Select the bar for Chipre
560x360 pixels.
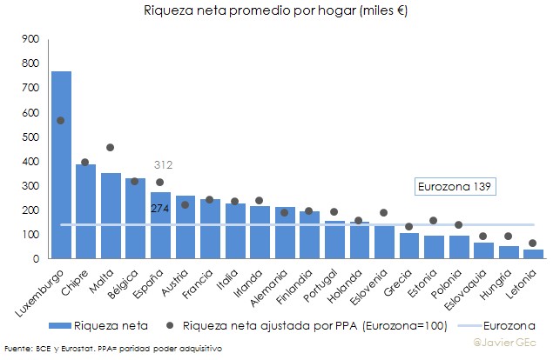coord(85,213)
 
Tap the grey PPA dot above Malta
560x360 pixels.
coord(110,148)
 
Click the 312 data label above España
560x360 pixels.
coord(163,164)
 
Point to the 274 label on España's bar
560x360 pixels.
coord(159,208)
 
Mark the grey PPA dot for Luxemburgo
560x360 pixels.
coord(61,121)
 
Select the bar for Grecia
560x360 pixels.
coord(408,246)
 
